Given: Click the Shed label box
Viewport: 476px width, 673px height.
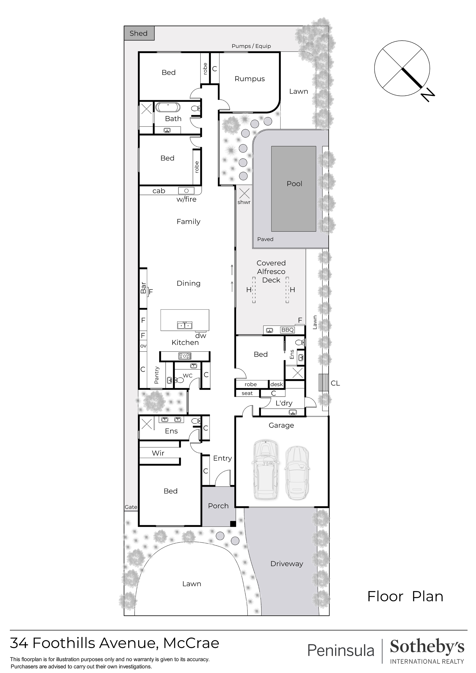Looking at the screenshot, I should click(x=139, y=33).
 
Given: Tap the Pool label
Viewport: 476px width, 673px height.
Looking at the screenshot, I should click(x=294, y=184).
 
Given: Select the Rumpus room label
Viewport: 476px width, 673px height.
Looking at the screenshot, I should click(x=250, y=79).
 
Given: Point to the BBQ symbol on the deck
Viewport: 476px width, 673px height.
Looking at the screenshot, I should click(x=287, y=330).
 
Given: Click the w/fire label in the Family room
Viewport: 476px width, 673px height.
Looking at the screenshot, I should click(x=186, y=199).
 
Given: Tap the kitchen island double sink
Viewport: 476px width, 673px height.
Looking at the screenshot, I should click(x=184, y=325).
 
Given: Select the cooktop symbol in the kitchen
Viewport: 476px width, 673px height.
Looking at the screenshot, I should click(x=185, y=356).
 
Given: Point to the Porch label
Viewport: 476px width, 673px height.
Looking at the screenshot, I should click(x=218, y=506).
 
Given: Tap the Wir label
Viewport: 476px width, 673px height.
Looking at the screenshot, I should click(x=158, y=453).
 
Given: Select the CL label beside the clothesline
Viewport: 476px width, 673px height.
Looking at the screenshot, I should click(x=335, y=383).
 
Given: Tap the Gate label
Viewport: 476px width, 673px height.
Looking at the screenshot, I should click(x=131, y=507).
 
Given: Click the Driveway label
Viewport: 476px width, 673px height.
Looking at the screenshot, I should click(x=287, y=564).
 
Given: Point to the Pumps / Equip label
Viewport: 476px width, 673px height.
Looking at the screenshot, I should click(x=251, y=46).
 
